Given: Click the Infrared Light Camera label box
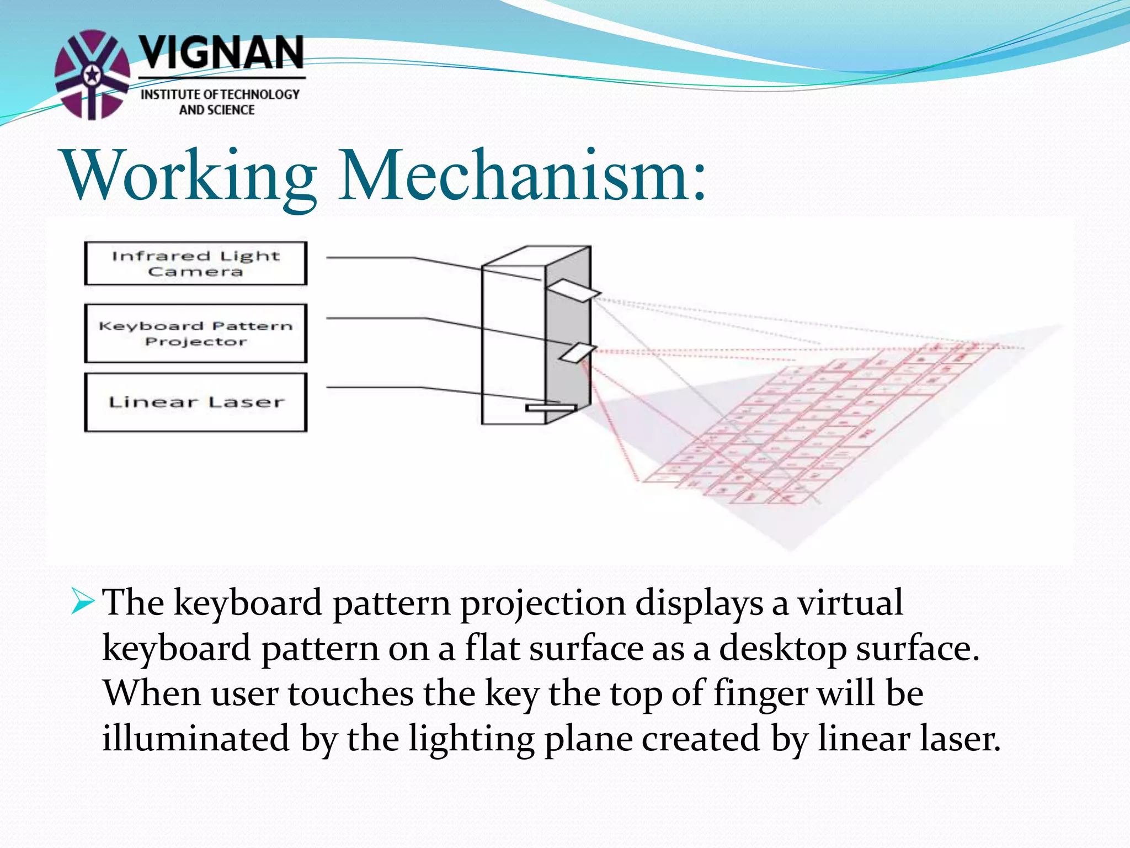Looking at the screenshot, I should point(195,263).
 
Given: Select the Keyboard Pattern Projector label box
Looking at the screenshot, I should point(195,333).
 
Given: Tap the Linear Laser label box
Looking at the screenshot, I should point(195,402).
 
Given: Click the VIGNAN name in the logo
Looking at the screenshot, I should point(221,54).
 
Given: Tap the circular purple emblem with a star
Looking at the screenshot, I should point(92,75).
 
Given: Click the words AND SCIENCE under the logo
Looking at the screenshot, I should point(217,110).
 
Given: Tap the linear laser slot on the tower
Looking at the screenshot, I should point(551,408).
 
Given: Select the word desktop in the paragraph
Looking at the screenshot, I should point(782,648).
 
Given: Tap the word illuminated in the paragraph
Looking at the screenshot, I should point(196,739).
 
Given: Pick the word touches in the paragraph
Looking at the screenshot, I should point(350,693).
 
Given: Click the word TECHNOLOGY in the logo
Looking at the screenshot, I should point(259,95).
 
